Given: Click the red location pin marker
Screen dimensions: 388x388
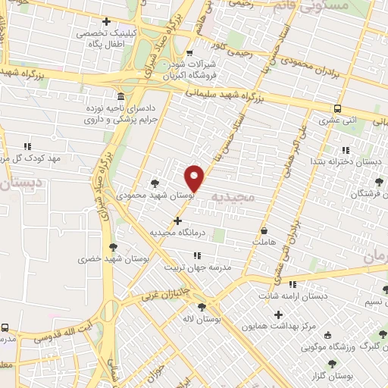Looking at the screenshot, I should [196, 178].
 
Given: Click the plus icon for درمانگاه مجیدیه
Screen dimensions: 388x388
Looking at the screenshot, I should [178, 221].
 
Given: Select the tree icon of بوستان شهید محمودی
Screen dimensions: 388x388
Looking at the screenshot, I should [155, 183].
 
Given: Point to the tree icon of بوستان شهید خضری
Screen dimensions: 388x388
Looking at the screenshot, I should [114, 247].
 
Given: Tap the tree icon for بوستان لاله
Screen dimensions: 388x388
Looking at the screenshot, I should [201, 307].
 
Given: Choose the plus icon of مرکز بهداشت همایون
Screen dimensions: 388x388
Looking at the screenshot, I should [278, 314].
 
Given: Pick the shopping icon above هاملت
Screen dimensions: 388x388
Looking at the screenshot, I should [264, 231].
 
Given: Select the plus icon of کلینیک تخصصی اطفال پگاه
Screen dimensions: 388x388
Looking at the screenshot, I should [106, 22].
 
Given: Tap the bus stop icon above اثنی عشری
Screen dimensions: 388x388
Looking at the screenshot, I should [337, 108].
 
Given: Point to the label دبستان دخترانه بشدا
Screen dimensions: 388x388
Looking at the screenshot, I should [337, 161].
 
